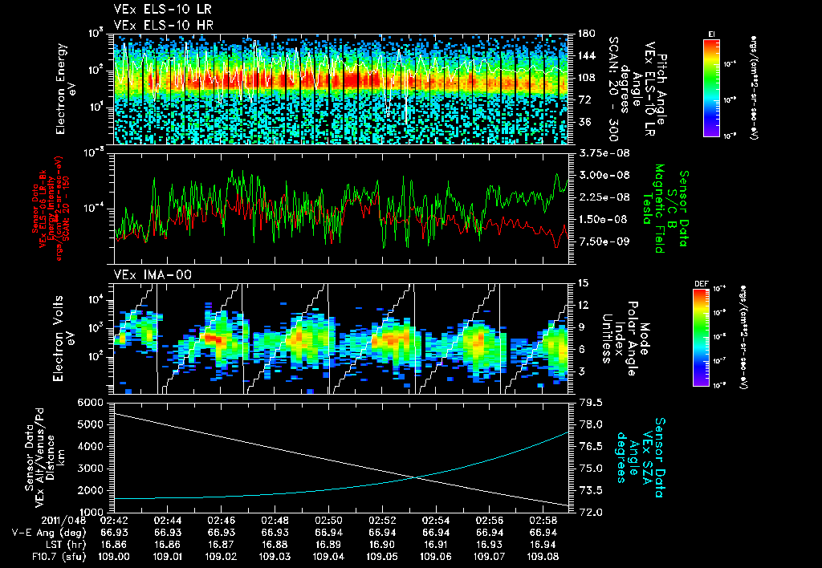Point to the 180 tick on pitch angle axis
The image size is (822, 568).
(586, 34)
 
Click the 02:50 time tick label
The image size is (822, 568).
(329, 521)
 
